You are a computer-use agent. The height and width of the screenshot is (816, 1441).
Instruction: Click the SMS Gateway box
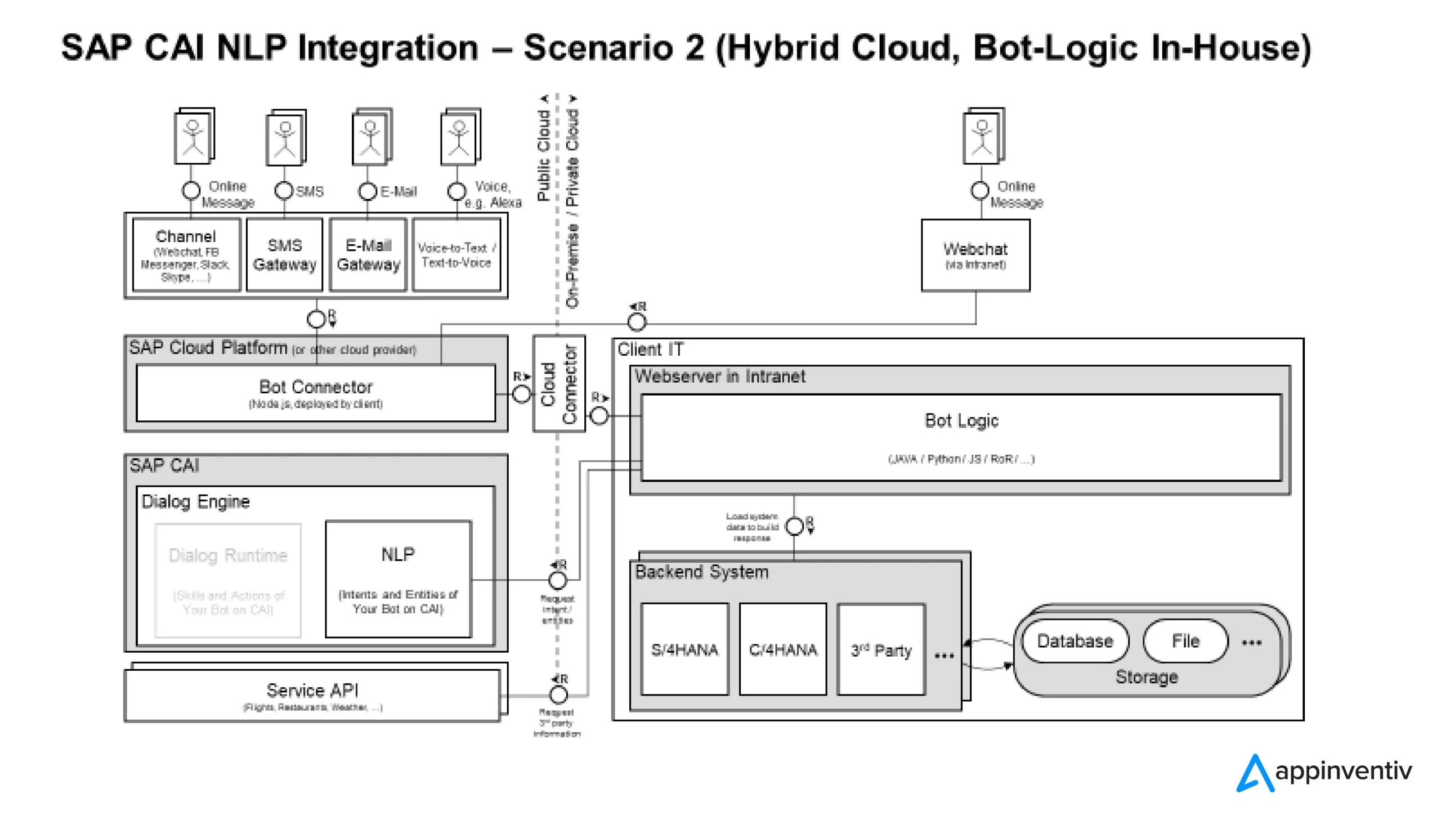[x=284, y=254]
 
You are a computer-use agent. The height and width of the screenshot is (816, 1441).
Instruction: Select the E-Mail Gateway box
[x=368, y=254]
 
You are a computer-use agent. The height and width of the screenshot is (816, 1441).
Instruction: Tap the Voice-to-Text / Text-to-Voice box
[x=457, y=254]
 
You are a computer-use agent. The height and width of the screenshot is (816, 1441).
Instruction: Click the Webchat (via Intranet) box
[x=975, y=255]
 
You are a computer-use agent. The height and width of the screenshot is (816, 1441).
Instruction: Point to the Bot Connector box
[x=316, y=393]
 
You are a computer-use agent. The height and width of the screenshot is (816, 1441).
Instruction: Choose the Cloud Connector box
[x=559, y=384]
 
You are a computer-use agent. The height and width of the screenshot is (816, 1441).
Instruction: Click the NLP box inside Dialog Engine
[x=398, y=579]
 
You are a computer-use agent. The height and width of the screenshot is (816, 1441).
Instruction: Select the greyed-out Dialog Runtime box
[x=228, y=580]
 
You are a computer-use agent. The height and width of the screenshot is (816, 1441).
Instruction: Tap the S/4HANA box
[x=684, y=649]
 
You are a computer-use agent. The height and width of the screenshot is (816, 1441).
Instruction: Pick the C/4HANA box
[x=782, y=649]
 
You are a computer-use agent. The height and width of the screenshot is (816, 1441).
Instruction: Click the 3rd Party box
[x=881, y=649]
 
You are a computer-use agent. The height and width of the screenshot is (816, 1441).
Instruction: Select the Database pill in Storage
[x=1075, y=641]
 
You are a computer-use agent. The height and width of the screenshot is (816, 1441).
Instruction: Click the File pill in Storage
[x=1185, y=641]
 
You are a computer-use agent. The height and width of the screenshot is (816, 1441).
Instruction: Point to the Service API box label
[x=312, y=691]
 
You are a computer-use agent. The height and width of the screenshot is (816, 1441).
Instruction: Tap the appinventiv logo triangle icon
[x=1255, y=773]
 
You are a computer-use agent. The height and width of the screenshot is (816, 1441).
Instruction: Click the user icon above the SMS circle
[x=285, y=137]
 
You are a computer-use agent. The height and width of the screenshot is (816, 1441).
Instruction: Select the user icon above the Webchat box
[x=983, y=136]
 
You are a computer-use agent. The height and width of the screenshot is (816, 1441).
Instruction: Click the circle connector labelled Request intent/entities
[x=557, y=580]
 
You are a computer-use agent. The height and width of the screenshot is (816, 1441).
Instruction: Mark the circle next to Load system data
[x=794, y=527]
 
